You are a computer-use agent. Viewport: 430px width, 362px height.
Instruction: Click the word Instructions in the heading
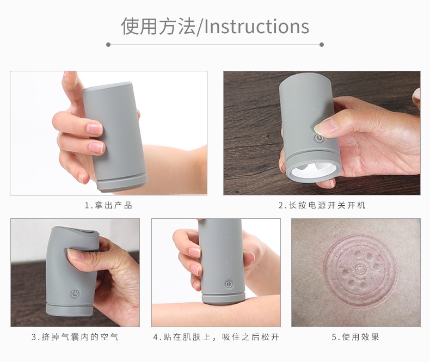257,27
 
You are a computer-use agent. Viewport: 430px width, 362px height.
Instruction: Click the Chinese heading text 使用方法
158,26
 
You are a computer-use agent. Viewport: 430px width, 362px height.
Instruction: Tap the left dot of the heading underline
108,45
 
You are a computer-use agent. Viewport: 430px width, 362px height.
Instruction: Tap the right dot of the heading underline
322,45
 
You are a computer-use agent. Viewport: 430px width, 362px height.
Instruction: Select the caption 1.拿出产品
108,205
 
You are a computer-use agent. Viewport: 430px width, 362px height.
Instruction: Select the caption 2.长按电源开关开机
322,205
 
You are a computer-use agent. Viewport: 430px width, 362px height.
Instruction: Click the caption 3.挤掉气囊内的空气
75,337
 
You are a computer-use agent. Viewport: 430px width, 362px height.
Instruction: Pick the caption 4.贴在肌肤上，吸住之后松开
216,337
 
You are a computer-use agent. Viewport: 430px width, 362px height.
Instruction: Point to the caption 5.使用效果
355,337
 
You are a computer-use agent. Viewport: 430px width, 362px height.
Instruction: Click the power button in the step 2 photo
319,138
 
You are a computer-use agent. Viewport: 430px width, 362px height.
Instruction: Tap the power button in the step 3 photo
75,293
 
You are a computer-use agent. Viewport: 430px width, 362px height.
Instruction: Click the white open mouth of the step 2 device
313,170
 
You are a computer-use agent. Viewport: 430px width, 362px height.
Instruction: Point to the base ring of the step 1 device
122,182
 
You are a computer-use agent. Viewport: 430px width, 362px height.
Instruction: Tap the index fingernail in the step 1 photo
95,128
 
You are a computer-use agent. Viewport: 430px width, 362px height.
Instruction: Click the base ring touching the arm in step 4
224,298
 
